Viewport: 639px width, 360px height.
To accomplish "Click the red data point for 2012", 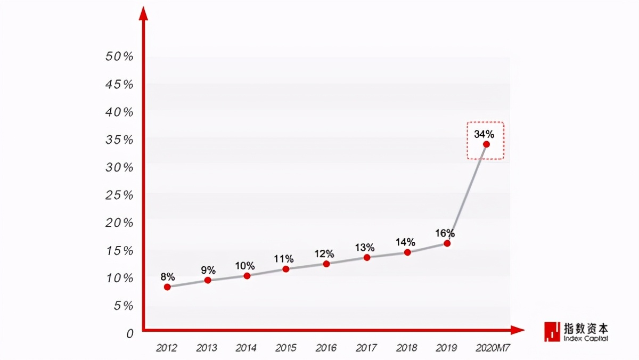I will [x=167, y=287].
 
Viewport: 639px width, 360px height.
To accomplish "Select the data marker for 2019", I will [x=447, y=243].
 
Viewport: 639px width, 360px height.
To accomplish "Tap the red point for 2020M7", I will [x=486, y=144].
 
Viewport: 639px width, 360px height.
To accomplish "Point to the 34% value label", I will [x=484, y=133].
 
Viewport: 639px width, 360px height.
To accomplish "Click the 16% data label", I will [x=445, y=233].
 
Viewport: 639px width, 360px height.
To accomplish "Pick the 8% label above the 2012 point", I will [x=168, y=276].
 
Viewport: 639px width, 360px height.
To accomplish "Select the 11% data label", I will [x=284, y=259].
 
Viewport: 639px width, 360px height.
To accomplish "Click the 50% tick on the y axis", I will [x=119, y=56].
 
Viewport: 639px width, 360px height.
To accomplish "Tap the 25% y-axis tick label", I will [x=119, y=195].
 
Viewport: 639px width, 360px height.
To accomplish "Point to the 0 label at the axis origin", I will [x=130, y=333].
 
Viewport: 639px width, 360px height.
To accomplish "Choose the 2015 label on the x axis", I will [x=286, y=348].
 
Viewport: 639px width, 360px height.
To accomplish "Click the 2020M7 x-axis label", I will [x=493, y=348].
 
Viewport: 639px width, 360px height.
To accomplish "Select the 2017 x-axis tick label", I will [x=366, y=348].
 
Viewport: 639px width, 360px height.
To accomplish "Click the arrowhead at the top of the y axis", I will [x=143, y=14].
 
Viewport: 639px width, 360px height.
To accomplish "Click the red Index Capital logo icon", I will [x=552, y=331].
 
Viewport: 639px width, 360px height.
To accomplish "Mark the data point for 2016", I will [x=326, y=264].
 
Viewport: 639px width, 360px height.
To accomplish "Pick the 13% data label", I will [x=365, y=248].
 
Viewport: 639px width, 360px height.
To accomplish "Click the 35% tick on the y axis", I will [x=119, y=140].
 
